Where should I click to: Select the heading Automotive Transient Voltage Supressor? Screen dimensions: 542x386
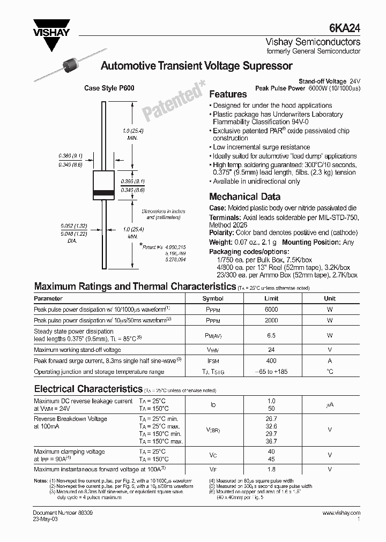coord(197,66)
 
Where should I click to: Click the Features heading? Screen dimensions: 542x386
coord(228,94)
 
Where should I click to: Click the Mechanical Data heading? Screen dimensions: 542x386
coord(244,197)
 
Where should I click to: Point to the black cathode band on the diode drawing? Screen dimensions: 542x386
coord(103,192)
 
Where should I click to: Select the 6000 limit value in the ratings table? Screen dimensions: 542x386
coord(271,310)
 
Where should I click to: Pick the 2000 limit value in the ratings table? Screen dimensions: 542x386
coord(271,320)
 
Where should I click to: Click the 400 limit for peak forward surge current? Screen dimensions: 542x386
coord(271,362)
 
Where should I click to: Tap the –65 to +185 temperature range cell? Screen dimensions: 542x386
coord(271,372)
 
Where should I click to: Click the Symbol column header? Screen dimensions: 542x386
coord(213,298)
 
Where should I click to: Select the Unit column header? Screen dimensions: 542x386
coord(330,298)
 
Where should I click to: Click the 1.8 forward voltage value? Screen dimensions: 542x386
coord(271,469)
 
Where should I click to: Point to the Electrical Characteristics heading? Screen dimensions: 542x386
coord(88,388)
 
